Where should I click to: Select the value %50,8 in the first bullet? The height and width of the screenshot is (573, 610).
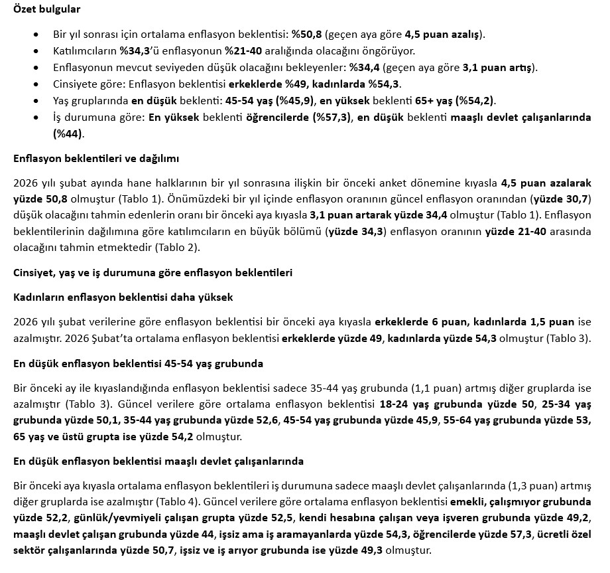tap(306, 34)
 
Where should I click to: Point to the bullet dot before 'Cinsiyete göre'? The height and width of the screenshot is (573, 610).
tap(34, 84)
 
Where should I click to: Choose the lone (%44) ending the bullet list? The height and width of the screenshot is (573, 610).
tap(69, 133)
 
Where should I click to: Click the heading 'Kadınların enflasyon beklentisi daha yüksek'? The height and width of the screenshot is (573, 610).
tap(123, 297)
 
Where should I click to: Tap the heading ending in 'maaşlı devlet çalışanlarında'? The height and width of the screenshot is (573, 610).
tap(158, 461)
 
